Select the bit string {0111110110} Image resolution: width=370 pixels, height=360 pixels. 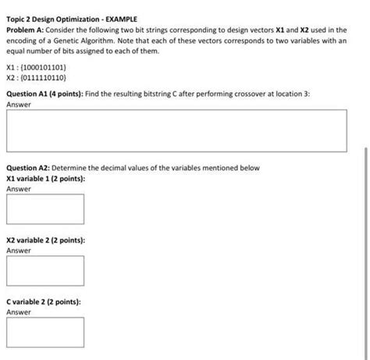(48, 79)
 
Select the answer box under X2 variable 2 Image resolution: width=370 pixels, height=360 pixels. (44, 270)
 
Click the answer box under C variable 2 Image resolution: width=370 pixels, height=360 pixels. (44, 331)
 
